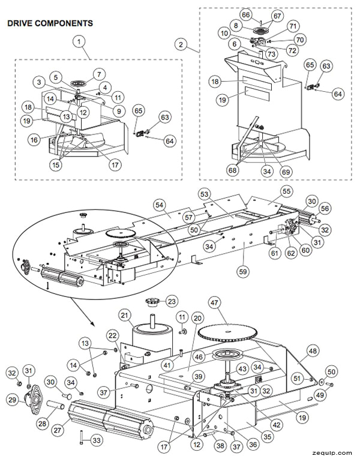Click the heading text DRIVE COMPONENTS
49,23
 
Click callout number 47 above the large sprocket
215,302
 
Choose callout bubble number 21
125,316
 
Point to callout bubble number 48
312,351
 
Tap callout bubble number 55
286,191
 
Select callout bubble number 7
100,75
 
